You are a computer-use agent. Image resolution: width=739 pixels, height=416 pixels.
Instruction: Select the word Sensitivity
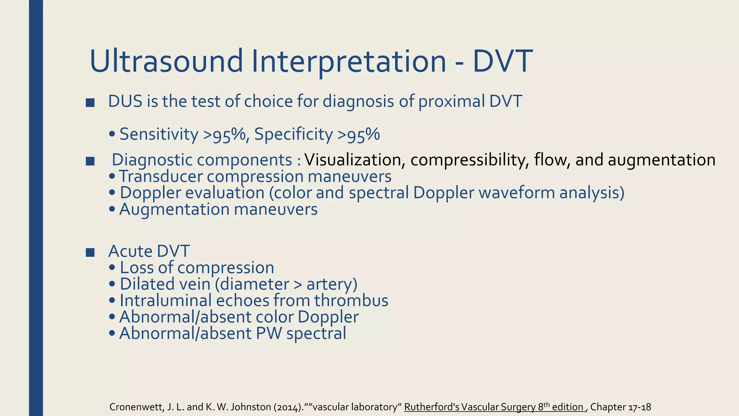[159, 134]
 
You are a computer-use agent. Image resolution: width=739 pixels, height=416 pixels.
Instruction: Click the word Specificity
[293, 134]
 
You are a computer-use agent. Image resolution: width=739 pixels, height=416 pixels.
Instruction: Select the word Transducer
[161, 177]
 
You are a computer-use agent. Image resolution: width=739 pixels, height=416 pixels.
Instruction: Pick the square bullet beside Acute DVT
[90, 252]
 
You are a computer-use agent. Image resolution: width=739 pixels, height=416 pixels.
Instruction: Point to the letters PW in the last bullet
[269, 333]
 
